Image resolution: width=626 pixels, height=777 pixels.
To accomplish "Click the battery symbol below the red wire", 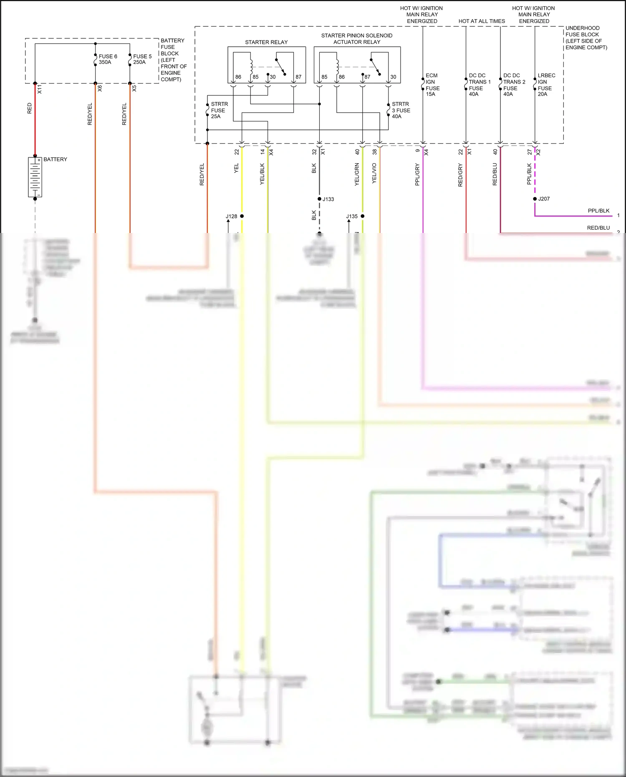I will pos(35,177).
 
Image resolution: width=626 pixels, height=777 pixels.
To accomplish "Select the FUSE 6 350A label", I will pos(108,59).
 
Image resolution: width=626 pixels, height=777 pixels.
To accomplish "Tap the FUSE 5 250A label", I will pos(142,59).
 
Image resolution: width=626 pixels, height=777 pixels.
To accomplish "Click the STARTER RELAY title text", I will pos(266,42).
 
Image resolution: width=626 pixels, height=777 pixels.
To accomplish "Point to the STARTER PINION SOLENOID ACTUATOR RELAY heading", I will pos(357,39).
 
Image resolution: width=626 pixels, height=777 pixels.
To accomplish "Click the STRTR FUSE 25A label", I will pos(219,110).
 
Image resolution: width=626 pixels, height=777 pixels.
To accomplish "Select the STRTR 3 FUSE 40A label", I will pos(401,110).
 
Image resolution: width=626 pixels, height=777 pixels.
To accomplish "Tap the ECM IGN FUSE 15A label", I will pos(432,85).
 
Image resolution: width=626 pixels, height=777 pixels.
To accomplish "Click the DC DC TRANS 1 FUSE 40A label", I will pos(480,85).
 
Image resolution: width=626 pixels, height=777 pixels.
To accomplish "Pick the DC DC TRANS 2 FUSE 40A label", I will pos(514,85).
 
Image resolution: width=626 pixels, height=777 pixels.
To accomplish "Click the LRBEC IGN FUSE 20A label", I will pos(546,85).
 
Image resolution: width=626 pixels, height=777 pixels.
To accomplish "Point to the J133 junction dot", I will pos(319,199).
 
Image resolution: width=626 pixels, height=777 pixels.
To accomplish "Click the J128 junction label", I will pos(231,216).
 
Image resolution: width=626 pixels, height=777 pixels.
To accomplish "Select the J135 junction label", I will pos(352,216).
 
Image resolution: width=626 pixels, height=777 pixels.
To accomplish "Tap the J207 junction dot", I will pos(535,199).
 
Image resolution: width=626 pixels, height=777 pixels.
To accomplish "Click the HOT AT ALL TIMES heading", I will pos(482,21).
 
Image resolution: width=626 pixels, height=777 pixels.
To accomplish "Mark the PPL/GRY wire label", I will pos(417,175).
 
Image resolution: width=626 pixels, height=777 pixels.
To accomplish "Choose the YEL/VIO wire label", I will pos(374,173).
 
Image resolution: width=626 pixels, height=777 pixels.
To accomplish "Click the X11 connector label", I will pos(40,89).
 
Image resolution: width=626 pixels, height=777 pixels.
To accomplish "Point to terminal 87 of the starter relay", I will pos(298,77).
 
